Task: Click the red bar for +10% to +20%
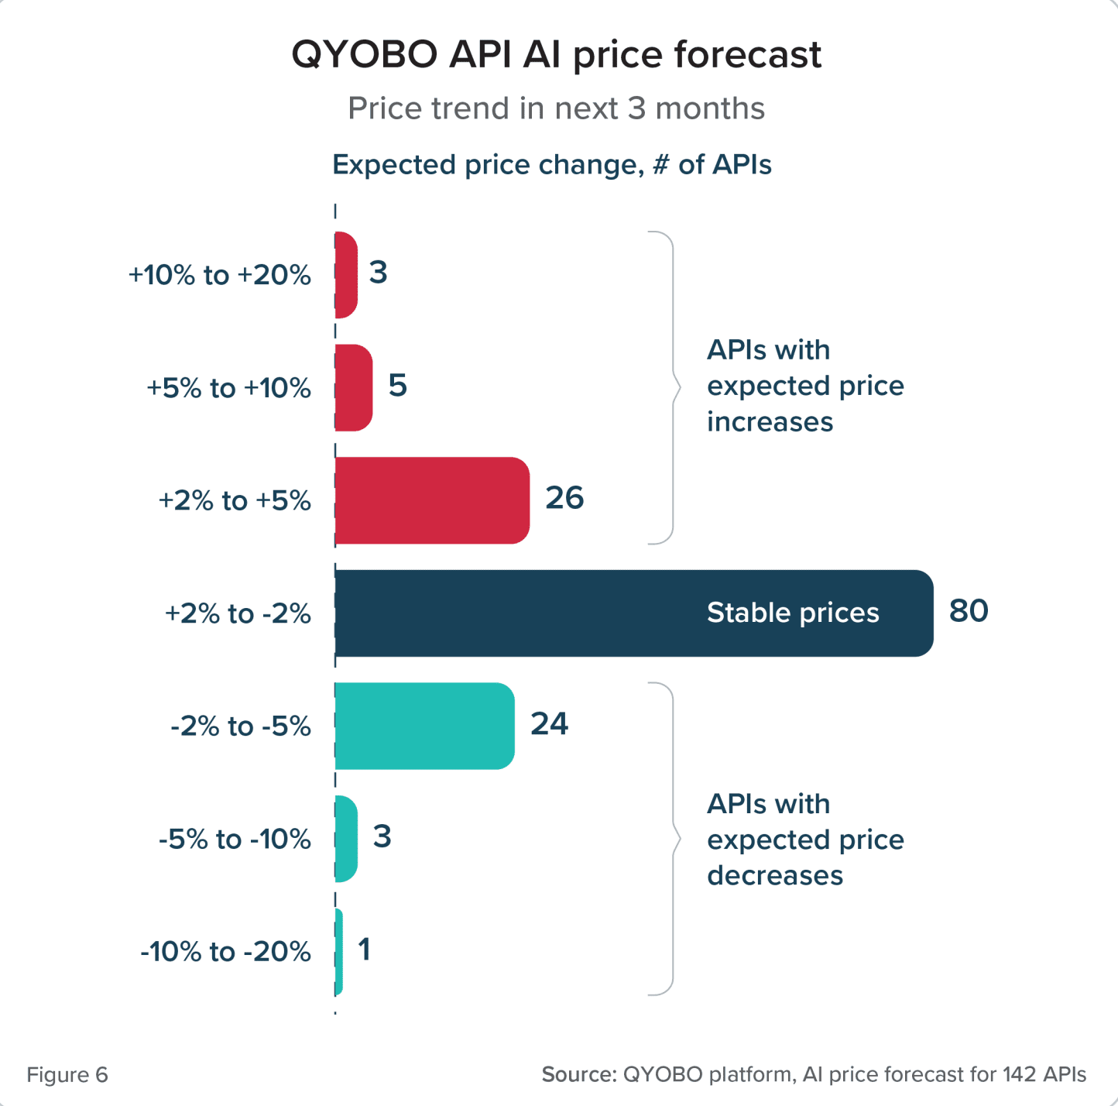pos(346,275)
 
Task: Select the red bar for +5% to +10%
pos(354,387)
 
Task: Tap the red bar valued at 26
pos(432,500)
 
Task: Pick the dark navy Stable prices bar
pos(542,613)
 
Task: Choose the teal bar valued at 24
pos(424,726)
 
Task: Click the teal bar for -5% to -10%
pos(346,839)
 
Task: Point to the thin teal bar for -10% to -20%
pos(339,952)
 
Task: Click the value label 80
pos(969,611)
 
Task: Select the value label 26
pos(564,498)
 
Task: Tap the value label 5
pos(397,386)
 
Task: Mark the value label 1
pos(364,950)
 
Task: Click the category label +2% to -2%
pos(238,613)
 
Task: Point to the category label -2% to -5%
pos(241,726)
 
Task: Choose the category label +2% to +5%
pos(235,501)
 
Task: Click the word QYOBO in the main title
pos(364,55)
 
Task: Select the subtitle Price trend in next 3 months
pos(556,108)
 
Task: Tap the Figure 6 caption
pos(67,1075)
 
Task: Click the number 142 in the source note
pos(1019,1075)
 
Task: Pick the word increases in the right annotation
pos(770,422)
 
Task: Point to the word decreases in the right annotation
pos(775,875)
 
